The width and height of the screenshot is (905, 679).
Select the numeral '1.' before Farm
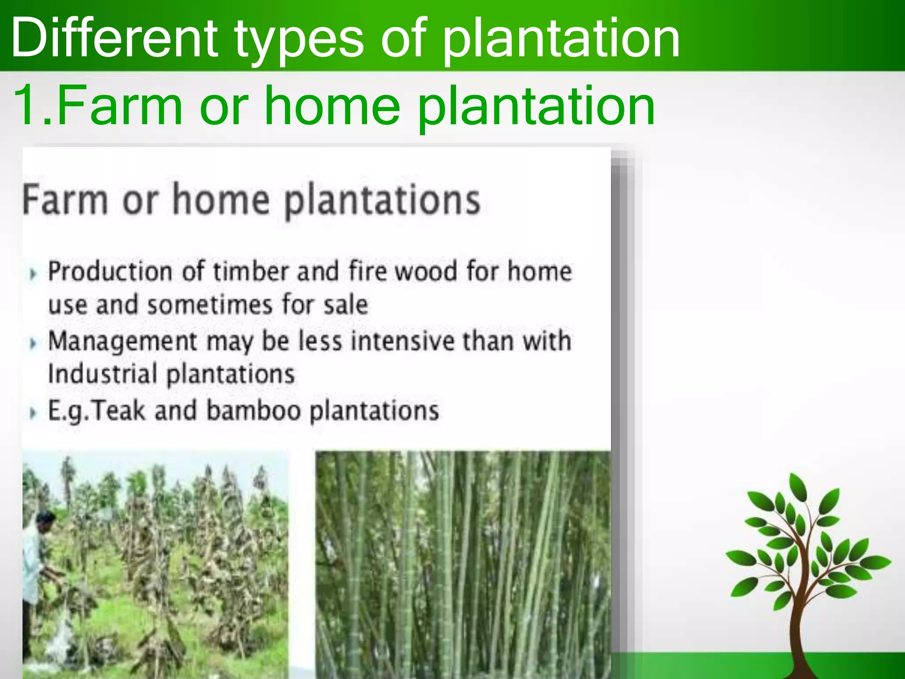[x=33, y=106]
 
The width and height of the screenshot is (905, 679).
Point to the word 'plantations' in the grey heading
[x=382, y=201]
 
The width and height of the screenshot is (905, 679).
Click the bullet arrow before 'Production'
[x=32, y=274]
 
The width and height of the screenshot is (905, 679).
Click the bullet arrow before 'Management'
[x=32, y=343]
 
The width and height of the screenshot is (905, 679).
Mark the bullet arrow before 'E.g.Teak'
[x=32, y=413]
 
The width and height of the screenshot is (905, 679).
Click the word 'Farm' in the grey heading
[x=65, y=200]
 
